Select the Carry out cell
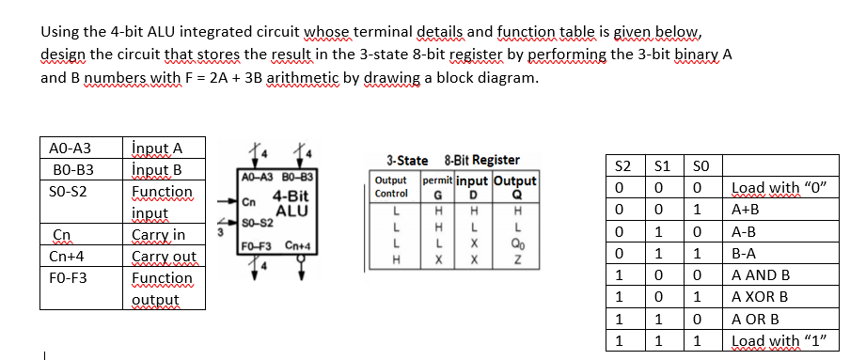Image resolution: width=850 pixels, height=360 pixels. [164, 256]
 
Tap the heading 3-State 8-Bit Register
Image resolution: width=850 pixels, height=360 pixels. [452, 161]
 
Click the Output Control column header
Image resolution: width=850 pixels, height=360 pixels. [390, 186]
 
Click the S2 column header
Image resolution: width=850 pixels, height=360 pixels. [622, 165]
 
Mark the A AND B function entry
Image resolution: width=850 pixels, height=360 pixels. [760, 275]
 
